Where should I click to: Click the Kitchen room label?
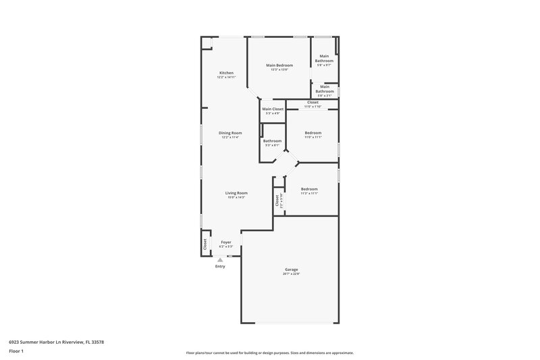pos(226,73)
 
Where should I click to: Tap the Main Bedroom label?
pos(279,65)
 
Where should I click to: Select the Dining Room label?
pos(230,132)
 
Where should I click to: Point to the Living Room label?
pos(236,193)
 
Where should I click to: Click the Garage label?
pos(291,269)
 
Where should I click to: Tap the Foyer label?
pos(226,241)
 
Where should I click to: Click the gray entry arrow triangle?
pos(220,258)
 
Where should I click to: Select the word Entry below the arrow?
pos(220,266)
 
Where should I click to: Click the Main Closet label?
pos(273,109)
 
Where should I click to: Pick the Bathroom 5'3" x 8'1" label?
pos(273,140)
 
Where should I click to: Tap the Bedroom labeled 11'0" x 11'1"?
pos(313,132)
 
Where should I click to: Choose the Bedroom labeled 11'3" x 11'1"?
pos(309,188)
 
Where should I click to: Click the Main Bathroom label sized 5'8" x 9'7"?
pos(324,59)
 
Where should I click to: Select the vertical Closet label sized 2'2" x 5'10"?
pos(277,201)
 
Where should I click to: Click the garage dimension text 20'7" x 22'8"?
pos(291,274)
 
